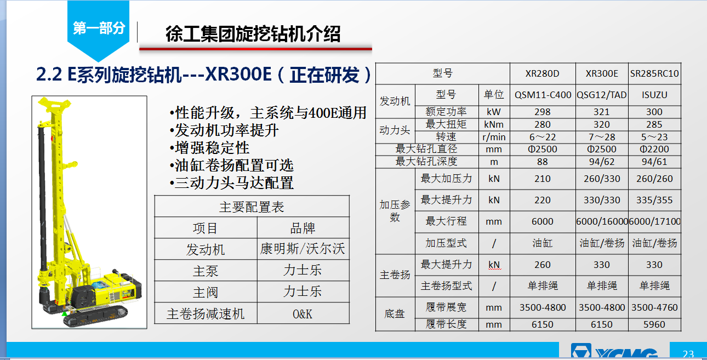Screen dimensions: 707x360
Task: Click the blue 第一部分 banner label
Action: coord(99,28)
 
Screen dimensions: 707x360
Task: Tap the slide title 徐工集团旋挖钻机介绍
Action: coord(253,34)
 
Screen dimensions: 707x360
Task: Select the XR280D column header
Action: coord(542,73)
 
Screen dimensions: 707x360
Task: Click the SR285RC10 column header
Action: coord(654,73)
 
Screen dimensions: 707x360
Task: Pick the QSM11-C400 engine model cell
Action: coord(543,95)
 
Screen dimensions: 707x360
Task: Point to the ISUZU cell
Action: coord(654,95)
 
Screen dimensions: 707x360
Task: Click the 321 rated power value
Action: coord(602,112)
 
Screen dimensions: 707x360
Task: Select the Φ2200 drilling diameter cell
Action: coord(654,149)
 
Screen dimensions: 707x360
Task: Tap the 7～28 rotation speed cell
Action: coord(602,137)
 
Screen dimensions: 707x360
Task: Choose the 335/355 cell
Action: coord(654,200)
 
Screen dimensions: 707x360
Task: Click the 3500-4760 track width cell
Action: coord(654,307)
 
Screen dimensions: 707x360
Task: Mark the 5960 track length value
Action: coord(654,324)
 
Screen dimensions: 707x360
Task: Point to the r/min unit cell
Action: coord(494,137)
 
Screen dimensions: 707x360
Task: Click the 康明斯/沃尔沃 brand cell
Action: coord(303,249)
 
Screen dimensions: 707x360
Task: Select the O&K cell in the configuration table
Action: coord(303,314)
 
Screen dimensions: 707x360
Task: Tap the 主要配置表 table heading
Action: coord(252,207)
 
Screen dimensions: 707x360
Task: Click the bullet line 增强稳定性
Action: coord(209,148)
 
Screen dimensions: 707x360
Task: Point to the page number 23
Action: coord(688,353)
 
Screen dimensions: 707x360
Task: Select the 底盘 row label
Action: coord(395,313)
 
